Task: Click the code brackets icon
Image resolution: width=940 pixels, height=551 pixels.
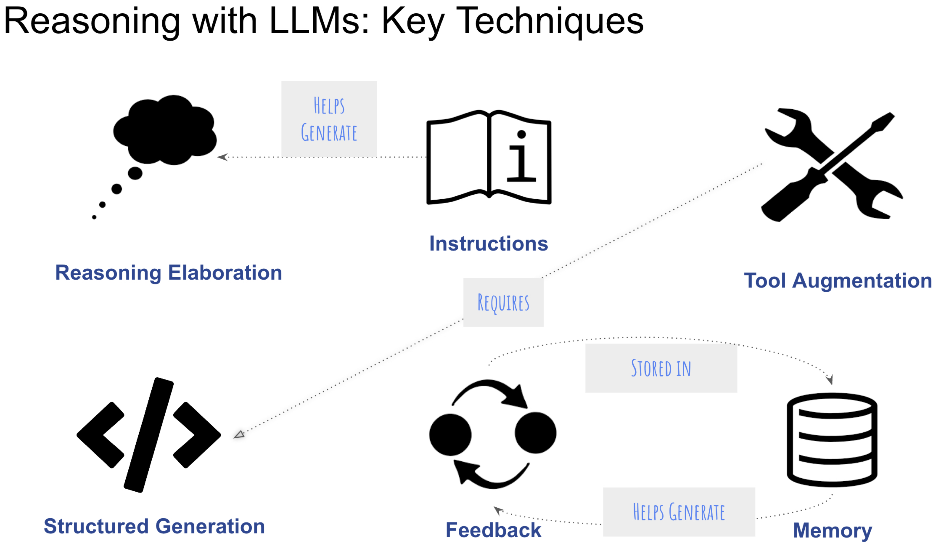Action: (x=148, y=435)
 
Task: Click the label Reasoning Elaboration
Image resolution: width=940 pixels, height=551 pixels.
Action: (x=169, y=273)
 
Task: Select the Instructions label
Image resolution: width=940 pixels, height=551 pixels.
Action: (x=489, y=244)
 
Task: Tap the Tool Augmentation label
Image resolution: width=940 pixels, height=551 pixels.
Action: (x=838, y=281)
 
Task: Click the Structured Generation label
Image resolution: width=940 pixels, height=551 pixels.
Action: (x=154, y=527)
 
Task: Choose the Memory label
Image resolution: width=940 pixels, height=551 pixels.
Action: (x=833, y=530)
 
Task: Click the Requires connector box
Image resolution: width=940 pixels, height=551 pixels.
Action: (x=503, y=303)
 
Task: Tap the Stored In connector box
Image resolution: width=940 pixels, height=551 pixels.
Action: (x=661, y=368)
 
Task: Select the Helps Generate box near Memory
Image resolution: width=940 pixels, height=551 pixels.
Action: (x=679, y=512)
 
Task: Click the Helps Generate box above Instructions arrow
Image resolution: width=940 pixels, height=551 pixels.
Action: (x=329, y=119)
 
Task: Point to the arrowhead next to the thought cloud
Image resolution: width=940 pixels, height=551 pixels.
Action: (x=223, y=157)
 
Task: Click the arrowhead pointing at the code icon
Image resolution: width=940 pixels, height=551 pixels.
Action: (x=239, y=434)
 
